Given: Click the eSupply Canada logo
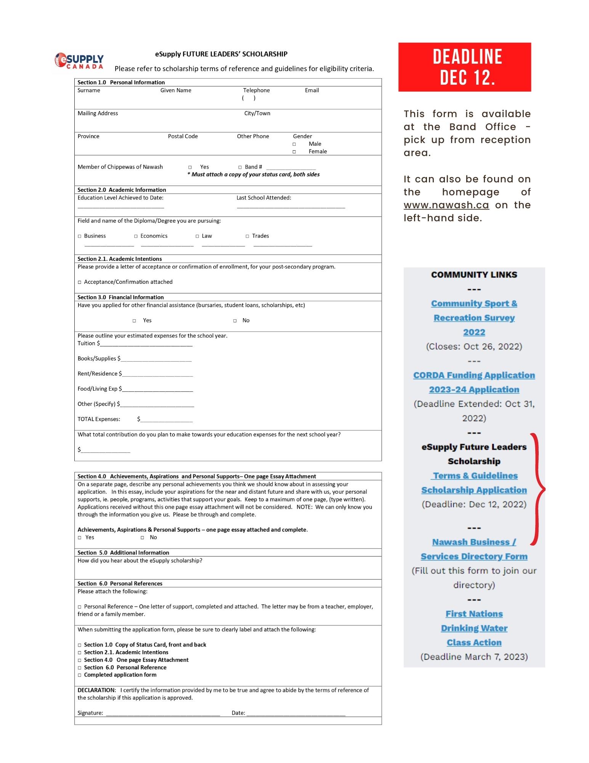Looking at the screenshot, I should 79,61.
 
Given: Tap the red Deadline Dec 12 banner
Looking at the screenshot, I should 464,67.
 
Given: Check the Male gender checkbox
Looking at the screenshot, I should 294,144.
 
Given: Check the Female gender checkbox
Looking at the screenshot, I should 294,152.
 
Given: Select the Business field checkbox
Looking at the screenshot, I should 80,236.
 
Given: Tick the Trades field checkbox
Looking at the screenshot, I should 247,236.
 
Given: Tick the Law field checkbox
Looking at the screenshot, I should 197,236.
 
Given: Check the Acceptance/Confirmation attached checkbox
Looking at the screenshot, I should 80,282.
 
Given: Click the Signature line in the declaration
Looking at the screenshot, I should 163,714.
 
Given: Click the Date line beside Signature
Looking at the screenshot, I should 296,714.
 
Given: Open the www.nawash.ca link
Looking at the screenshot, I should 446,205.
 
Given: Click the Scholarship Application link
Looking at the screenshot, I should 474,490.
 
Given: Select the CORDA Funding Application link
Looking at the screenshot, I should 474,375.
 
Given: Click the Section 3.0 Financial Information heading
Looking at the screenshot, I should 120,297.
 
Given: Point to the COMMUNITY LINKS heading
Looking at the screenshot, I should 474,275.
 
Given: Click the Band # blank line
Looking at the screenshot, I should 291,167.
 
